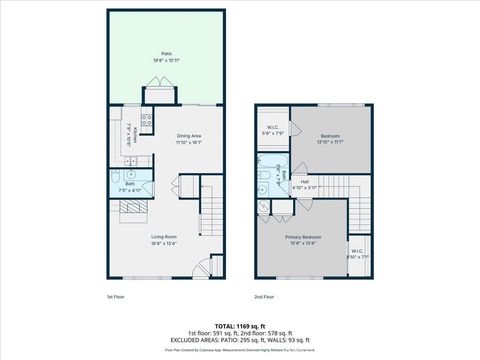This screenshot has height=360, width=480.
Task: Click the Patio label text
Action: click(x=166, y=53)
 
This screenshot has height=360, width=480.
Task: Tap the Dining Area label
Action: click(x=190, y=135)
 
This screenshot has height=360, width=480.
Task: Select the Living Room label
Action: click(x=165, y=237)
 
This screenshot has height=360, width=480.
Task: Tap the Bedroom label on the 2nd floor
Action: click(x=331, y=136)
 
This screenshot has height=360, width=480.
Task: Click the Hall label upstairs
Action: click(x=304, y=182)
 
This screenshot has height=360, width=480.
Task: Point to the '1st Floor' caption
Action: click(x=115, y=297)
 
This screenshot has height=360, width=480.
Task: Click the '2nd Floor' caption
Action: click(x=265, y=297)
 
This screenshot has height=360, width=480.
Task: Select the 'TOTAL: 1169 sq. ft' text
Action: click(x=240, y=325)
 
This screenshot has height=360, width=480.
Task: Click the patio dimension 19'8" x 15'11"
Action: click(x=166, y=60)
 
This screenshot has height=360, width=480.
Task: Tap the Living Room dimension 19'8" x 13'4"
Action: click(x=165, y=244)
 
